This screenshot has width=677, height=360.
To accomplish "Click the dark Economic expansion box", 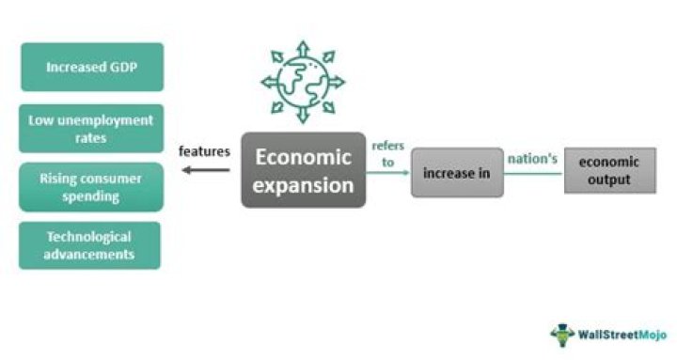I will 303,170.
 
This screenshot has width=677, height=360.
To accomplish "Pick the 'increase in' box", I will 457,173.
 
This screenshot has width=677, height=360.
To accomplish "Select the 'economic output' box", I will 609,170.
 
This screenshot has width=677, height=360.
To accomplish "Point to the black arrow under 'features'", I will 205,170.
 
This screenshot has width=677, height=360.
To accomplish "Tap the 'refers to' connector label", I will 387,153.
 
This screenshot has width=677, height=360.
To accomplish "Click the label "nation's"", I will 534,159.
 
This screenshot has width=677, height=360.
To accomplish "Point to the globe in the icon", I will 303,81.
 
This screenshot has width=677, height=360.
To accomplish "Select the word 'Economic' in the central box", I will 303,157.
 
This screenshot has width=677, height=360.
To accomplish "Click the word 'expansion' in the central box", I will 303,184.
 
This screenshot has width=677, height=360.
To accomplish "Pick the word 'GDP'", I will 131,67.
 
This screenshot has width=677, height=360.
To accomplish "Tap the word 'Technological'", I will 91,237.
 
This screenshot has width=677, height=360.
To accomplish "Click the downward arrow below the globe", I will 303,117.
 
